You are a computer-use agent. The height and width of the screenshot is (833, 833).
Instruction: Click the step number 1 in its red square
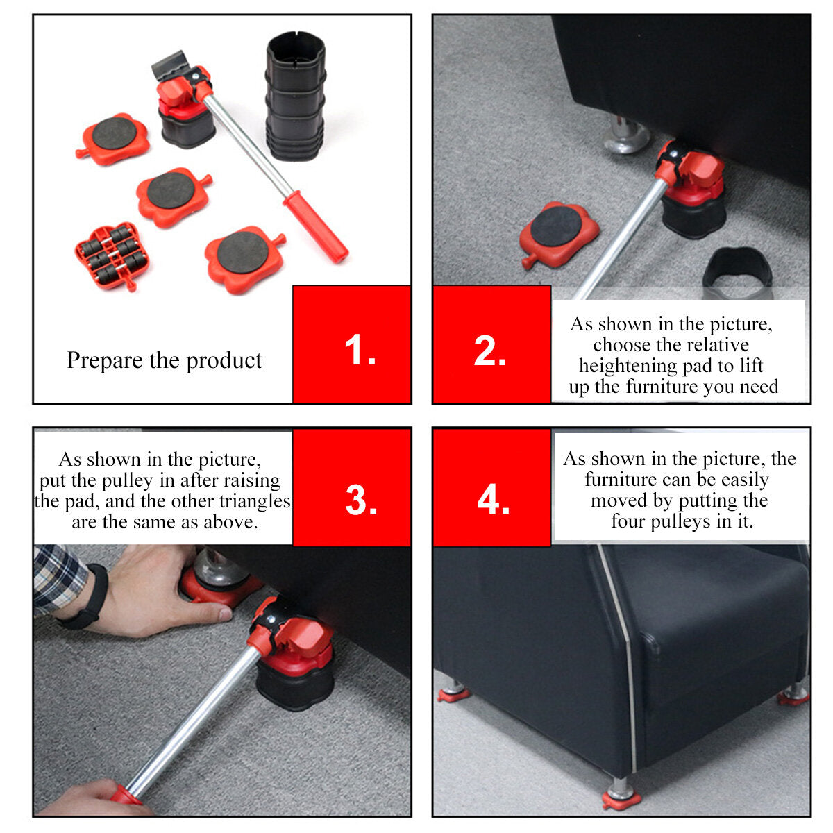(x=360, y=349)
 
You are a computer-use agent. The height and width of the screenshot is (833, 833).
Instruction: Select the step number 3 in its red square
(x=361, y=499)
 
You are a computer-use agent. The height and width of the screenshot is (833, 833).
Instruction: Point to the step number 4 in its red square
(x=493, y=499)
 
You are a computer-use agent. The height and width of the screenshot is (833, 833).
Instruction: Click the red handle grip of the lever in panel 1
(x=316, y=226)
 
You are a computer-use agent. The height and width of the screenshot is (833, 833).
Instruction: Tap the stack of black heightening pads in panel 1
(x=296, y=96)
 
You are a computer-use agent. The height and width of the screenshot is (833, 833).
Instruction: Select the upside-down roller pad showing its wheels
(x=112, y=256)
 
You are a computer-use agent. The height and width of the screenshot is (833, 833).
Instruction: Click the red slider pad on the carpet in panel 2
(x=559, y=235)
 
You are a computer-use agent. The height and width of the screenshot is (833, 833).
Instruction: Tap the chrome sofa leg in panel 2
(x=626, y=135)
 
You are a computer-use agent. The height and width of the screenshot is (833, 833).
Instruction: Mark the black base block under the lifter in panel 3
(x=295, y=684)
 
